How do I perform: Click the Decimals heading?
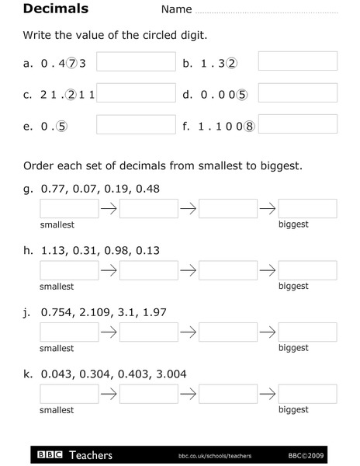pos(55,9)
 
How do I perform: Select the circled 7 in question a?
pos(72,64)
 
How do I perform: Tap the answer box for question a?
pos(136,61)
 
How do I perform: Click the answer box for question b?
pos(297,61)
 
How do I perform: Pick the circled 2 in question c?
pos(71,95)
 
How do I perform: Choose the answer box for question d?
pos(297,92)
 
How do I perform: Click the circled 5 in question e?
pos(62,127)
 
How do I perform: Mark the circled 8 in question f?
pos(249,127)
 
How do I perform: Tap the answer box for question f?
pos(297,123)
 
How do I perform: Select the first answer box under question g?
pos(69,208)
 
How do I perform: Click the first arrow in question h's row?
pos(109,270)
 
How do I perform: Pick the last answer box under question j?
pos(307,332)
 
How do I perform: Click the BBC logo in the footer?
pos(50,455)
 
